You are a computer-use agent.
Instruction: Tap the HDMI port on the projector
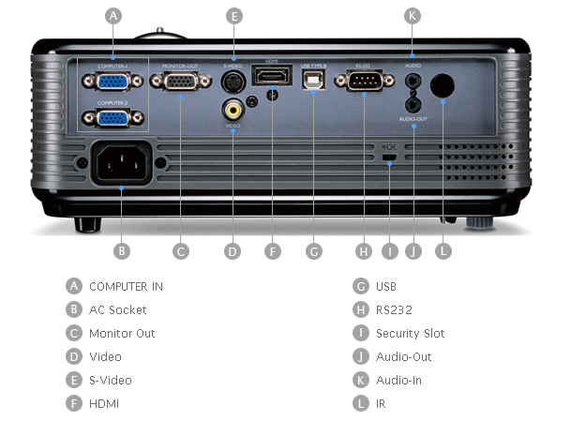click(271, 78)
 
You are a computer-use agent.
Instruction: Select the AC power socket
click(122, 165)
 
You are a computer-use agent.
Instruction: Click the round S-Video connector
click(233, 83)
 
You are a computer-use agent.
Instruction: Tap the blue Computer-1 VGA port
click(113, 82)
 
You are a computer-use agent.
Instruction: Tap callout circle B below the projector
click(121, 250)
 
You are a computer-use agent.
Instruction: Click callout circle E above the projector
click(234, 15)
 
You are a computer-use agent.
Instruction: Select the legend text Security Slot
click(410, 333)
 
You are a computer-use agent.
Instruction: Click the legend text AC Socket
click(117, 309)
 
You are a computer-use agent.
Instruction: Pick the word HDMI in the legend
click(104, 404)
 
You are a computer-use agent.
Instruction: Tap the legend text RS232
click(394, 309)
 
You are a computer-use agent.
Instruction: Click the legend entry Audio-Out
click(403, 356)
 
